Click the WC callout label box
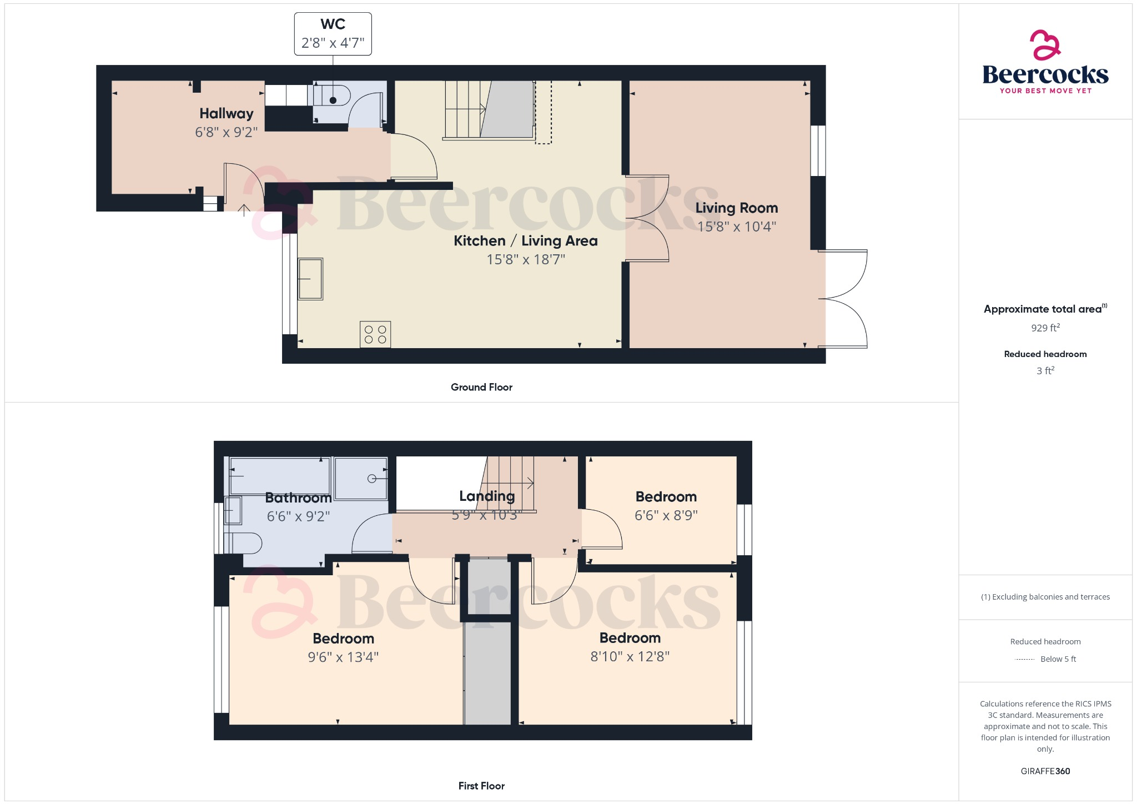pos(333,34)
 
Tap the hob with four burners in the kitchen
pos(375,334)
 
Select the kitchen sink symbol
pos(310,279)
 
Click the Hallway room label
pos(227,113)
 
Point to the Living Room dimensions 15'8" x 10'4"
pos(737,227)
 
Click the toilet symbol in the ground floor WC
pos(331,96)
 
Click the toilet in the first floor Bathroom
pos(244,543)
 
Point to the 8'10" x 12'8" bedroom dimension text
pos(630,657)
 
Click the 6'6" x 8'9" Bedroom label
pos(666,496)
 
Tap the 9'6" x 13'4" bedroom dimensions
pos(343,657)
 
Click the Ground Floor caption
pos(481,387)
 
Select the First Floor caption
pos(481,786)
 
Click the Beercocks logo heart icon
pos(1045,45)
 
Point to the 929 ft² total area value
pos(1045,328)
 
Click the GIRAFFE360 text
pos(1045,771)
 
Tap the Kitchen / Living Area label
pos(525,240)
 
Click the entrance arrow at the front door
pos(244,210)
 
